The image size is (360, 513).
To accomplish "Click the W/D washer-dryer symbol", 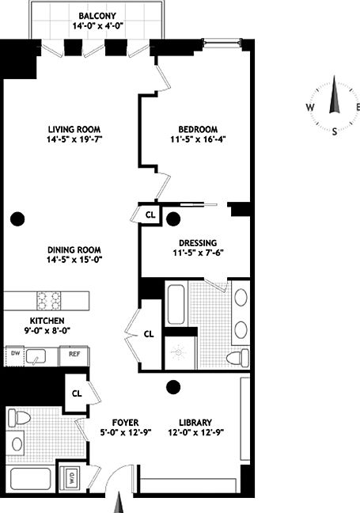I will click(73, 477).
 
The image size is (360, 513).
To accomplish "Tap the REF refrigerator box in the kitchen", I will click(74, 354).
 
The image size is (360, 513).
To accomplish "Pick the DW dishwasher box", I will click(14, 354).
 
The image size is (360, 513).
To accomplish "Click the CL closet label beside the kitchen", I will click(148, 334).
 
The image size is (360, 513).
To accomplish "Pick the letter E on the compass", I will click(357, 108).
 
